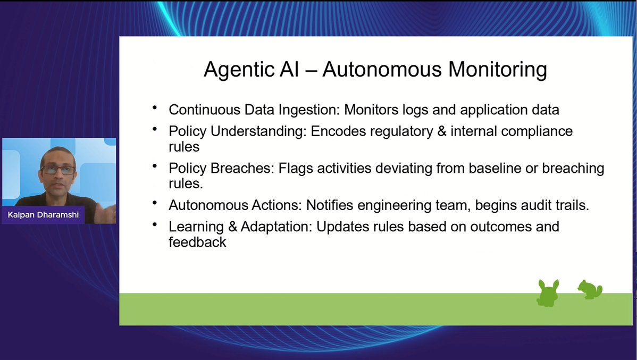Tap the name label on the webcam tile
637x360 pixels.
[44, 215]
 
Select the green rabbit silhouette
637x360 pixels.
[547, 293]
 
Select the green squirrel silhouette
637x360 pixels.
[590, 289]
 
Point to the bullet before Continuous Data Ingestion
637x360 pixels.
[155, 108]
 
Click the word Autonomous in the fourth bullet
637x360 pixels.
[208, 205]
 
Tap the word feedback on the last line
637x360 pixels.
[197, 242]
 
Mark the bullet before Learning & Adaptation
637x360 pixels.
[155, 225]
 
